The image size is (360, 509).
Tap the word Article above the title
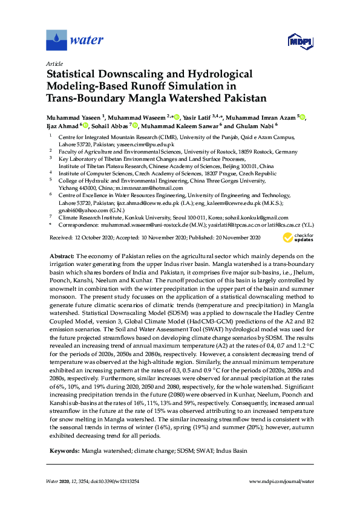pos(54,63)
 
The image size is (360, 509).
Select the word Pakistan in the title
pos(240,96)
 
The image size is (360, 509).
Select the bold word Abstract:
pos(64,256)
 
